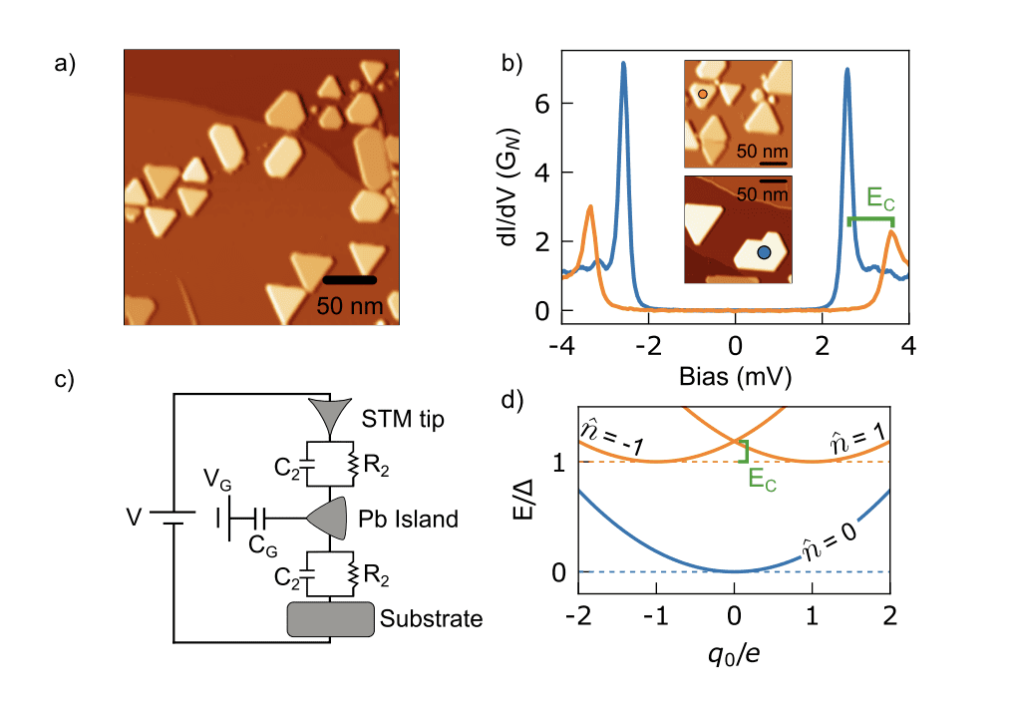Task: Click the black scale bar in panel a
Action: pos(349,280)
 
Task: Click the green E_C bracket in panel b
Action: pos(869,219)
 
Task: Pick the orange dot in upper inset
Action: pos(703,94)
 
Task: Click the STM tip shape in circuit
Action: pos(333,412)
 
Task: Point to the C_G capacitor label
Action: pos(262,544)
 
